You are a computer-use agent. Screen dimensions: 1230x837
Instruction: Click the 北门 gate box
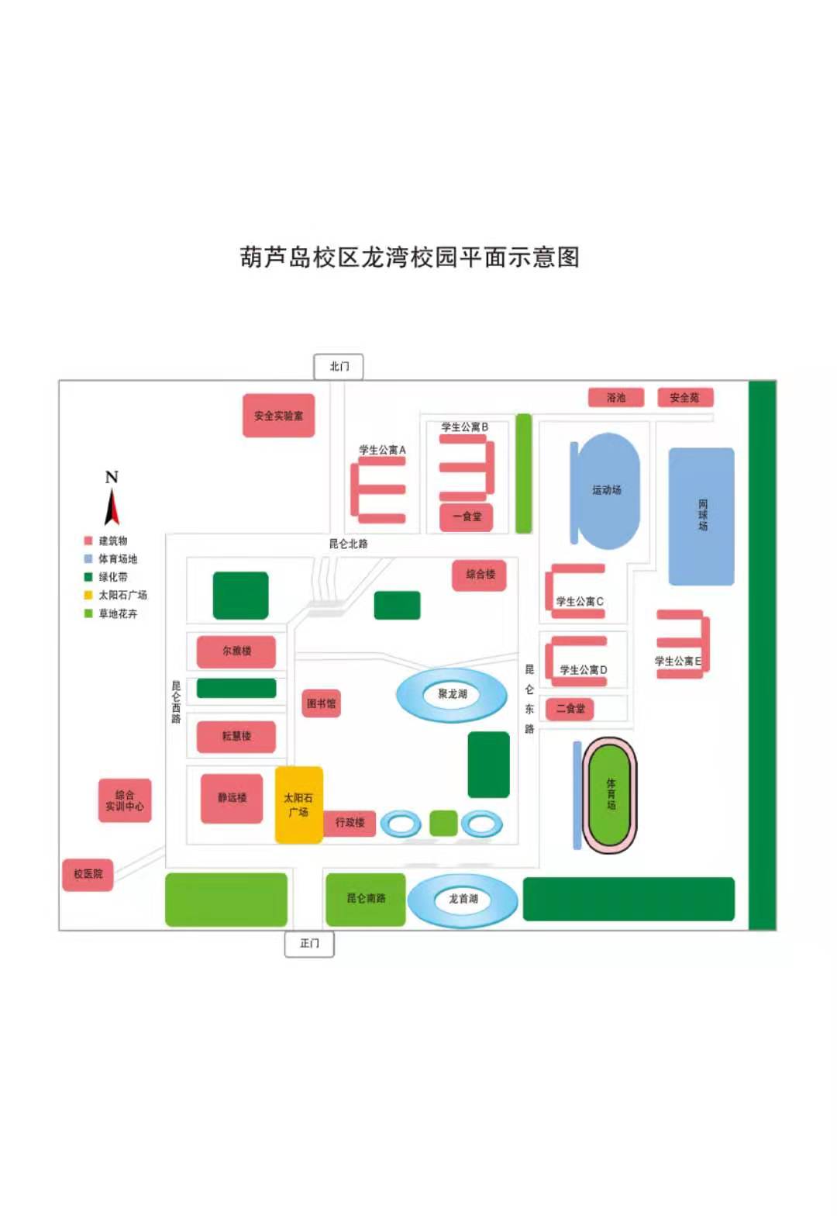click(339, 366)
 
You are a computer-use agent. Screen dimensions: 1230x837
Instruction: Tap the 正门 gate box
click(309, 943)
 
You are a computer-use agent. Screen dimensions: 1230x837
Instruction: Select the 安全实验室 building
click(278, 416)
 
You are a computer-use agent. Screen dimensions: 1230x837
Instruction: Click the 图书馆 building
click(321, 703)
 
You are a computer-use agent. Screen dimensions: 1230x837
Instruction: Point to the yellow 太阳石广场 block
click(298, 804)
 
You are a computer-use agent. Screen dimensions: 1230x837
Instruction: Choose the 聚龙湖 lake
click(452, 694)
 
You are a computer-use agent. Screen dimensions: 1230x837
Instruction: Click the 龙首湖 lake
click(463, 899)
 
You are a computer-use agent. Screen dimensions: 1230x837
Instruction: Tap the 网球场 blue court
click(701, 516)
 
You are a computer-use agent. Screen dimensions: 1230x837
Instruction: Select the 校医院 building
click(88, 874)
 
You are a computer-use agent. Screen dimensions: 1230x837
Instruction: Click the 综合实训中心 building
click(124, 800)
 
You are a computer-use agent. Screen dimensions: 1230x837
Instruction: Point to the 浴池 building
click(615, 398)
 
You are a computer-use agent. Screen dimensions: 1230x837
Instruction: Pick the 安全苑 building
click(684, 398)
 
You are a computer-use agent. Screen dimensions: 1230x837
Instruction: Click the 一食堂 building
click(467, 517)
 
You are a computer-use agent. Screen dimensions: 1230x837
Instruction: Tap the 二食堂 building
click(570, 709)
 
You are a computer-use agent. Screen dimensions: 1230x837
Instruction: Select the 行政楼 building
click(350, 822)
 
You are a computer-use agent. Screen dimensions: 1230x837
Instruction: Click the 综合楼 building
click(480, 575)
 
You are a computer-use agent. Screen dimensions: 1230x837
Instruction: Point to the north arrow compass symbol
click(112, 500)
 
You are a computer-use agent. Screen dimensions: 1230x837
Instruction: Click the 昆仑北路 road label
click(348, 544)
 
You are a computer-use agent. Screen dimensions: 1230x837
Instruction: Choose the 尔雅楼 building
click(236, 651)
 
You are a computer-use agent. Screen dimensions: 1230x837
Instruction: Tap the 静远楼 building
click(232, 798)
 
